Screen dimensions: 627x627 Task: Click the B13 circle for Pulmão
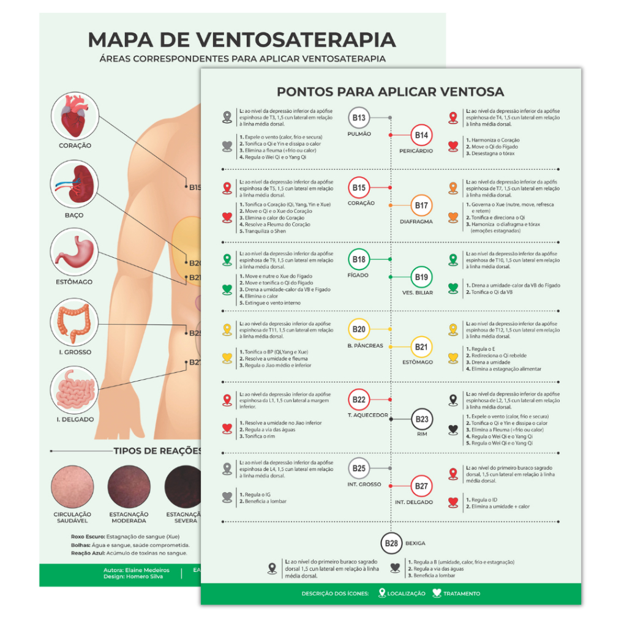[359, 118]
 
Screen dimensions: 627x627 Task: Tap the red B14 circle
[421, 135]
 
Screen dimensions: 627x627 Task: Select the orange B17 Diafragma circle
[421, 206]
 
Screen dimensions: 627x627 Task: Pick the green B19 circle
[421, 277]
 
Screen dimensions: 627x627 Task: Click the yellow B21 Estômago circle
[421, 347]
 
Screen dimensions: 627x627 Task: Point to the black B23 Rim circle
[421, 419]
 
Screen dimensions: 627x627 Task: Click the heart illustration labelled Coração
[75, 116]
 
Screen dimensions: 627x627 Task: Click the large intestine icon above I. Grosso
[75, 323]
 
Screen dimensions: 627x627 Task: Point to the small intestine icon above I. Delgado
[75, 391]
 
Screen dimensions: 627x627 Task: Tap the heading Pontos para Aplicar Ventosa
[391, 92]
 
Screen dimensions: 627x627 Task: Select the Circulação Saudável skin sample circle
[72, 487]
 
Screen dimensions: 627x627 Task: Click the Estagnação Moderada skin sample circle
[129, 487]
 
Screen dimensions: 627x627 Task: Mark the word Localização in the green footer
[406, 593]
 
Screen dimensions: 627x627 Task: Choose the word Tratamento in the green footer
[462, 593]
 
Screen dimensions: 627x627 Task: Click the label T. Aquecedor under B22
[367, 415]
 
